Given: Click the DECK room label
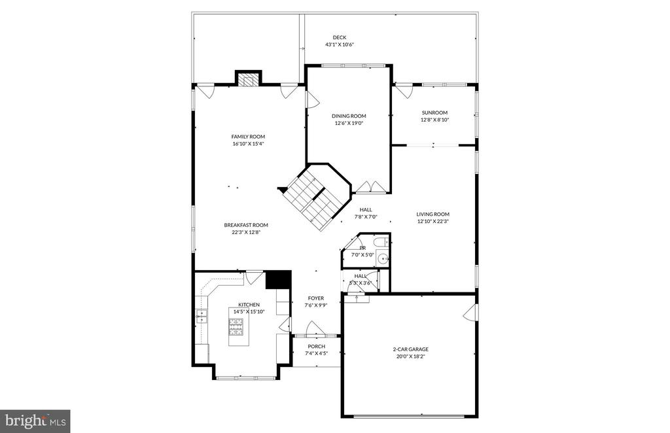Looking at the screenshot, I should (x=339, y=37).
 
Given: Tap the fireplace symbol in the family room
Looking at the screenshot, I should (x=248, y=80).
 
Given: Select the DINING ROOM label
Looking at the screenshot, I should (x=348, y=116).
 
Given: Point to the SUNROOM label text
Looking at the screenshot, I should (x=434, y=113).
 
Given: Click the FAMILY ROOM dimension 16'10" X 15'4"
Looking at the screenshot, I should (x=248, y=144).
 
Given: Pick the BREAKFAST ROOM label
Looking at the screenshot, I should (x=246, y=225).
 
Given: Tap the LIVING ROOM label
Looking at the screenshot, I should (x=433, y=214).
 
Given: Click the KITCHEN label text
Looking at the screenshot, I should (x=249, y=305).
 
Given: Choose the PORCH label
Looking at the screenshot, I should (x=316, y=347).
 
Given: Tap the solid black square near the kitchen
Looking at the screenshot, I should (x=278, y=279).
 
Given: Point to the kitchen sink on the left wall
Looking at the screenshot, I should (x=201, y=318).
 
